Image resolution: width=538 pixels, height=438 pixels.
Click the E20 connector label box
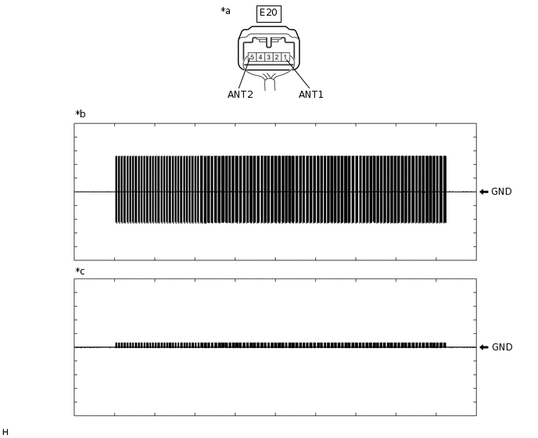pos(268,13)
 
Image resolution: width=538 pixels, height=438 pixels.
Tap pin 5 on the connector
pos(252,57)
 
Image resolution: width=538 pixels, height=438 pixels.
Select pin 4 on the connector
pos(260,57)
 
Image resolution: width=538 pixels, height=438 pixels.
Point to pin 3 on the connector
pos(268,57)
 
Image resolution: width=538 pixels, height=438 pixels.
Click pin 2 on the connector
pos(277,57)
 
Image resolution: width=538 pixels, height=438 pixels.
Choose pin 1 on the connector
pos(285,57)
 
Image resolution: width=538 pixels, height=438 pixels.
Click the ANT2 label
pos(240,95)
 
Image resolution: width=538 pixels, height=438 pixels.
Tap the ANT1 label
pos(310,95)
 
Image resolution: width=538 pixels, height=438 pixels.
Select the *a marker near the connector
pos(225,11)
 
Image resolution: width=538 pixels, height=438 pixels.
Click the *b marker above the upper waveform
pos(80,114)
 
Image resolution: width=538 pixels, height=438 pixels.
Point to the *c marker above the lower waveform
pos(80,271)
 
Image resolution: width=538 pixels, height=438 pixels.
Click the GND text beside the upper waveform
pos(501,192)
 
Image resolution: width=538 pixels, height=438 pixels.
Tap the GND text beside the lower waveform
pos(501,347)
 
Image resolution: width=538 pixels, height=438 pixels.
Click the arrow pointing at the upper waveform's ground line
pos(483,192)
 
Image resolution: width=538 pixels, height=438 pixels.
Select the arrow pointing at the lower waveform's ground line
pos(483,347)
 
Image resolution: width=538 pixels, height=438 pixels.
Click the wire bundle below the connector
pos(269,82)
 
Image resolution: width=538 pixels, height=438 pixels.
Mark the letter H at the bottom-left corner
pos(5,433)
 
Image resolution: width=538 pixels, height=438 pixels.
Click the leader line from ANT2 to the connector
pos(244,75)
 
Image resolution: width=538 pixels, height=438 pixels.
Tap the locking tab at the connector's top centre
pos(268,40)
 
